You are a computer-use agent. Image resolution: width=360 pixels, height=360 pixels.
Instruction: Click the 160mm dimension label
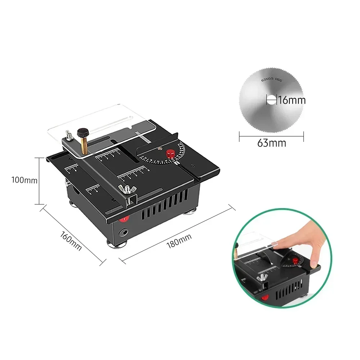click(x=71, y=241)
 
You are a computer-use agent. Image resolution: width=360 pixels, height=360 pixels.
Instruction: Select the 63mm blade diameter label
click(x=271, y=143)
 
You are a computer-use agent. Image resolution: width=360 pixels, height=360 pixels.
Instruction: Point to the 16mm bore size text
click(x=292, y=100)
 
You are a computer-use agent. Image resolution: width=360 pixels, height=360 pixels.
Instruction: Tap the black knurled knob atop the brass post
click(x=84, y=132)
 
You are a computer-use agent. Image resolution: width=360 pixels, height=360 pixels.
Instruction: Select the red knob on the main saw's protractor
click(x=170, y=154)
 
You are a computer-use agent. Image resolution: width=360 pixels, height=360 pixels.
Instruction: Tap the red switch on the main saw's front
click(x=124, y=219)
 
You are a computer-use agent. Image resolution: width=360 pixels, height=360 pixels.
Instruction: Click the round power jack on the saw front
click(x=124, y=233)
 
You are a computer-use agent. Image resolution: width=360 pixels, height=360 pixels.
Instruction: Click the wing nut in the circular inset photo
click(x=262, y=277)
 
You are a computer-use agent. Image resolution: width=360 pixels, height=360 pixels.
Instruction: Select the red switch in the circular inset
click(x=265, y=298)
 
